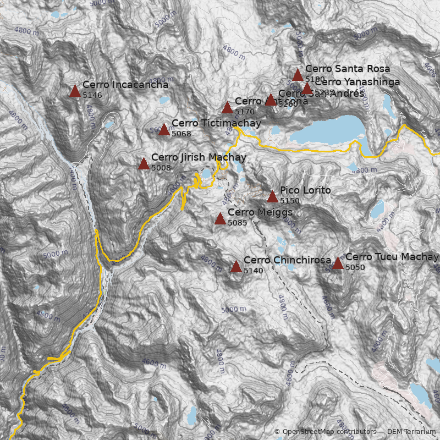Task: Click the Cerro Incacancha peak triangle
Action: coord(75,91)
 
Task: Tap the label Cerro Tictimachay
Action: coord(216,123)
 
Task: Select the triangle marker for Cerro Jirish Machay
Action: coord(144,164)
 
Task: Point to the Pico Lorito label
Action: coord(305,190)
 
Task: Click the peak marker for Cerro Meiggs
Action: coord(220,219)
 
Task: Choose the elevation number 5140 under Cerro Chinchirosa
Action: coord(253,271)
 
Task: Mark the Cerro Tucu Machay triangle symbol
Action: coord(338,264)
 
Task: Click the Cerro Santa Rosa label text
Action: coord(348,69)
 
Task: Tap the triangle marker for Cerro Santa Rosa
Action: coord(298,75)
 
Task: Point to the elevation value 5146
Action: coord(92,95)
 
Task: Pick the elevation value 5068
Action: coord(182,134)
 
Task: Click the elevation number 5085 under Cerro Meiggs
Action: coord(237,223)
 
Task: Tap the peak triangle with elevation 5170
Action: coord(227,108)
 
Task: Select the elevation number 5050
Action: coord(355,267)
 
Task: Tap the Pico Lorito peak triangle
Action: coord(272,197)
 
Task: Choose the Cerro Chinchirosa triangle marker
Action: coord(236,267)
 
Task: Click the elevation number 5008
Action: coord(161,168)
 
